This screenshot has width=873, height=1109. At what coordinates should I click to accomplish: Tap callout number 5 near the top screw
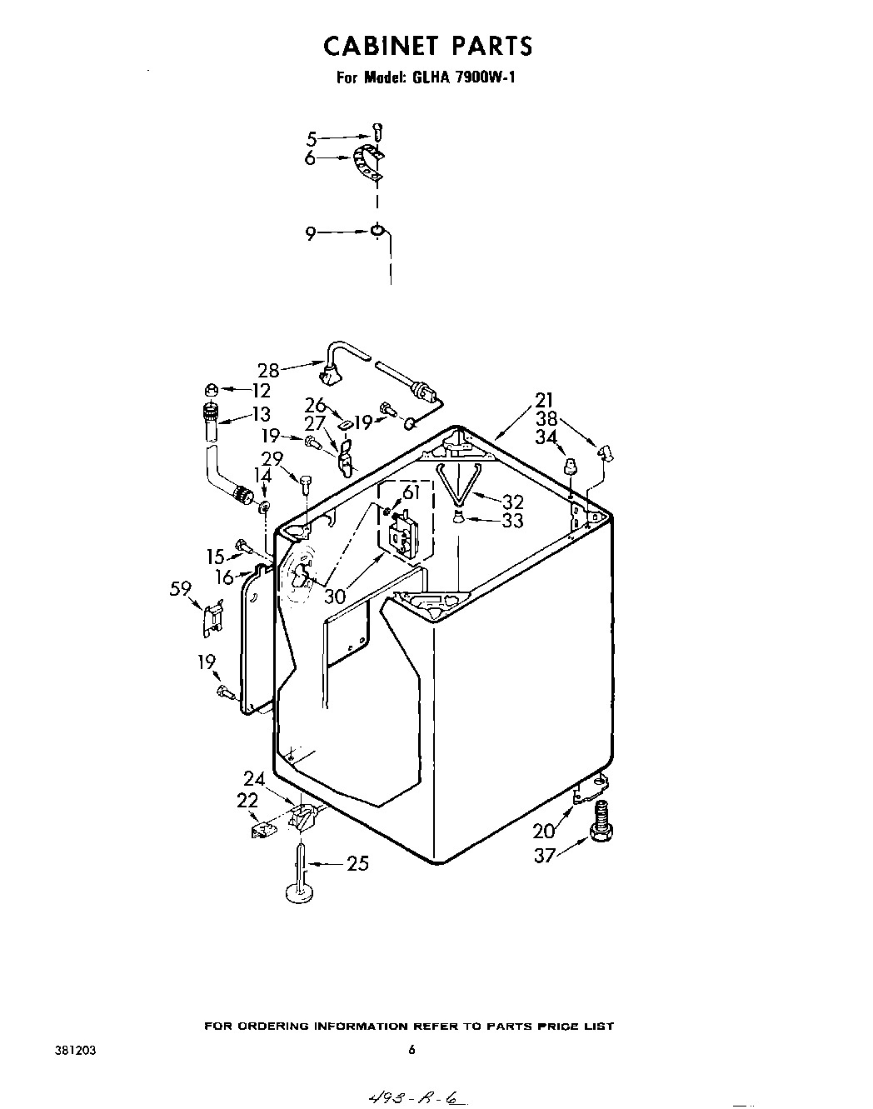point(312,138)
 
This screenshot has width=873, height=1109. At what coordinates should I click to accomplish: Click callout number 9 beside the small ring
point(310,235)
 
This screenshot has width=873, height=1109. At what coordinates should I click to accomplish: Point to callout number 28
point(267,369)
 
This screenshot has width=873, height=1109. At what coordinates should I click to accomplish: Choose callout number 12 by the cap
point(262,390)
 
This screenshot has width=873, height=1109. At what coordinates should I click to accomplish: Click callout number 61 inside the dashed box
point(409,493)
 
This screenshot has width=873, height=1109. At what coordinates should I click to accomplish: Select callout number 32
point(512,502)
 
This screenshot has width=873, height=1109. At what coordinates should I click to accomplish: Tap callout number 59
point(181,590)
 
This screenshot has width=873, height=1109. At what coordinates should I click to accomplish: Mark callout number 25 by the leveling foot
point(357,864)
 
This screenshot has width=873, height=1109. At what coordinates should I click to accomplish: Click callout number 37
point(544,855)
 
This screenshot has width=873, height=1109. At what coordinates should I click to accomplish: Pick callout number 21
point(544,401)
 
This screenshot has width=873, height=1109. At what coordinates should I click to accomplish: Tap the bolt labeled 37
point(599,822)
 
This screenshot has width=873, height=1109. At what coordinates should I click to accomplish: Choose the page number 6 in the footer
point(411,1051)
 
